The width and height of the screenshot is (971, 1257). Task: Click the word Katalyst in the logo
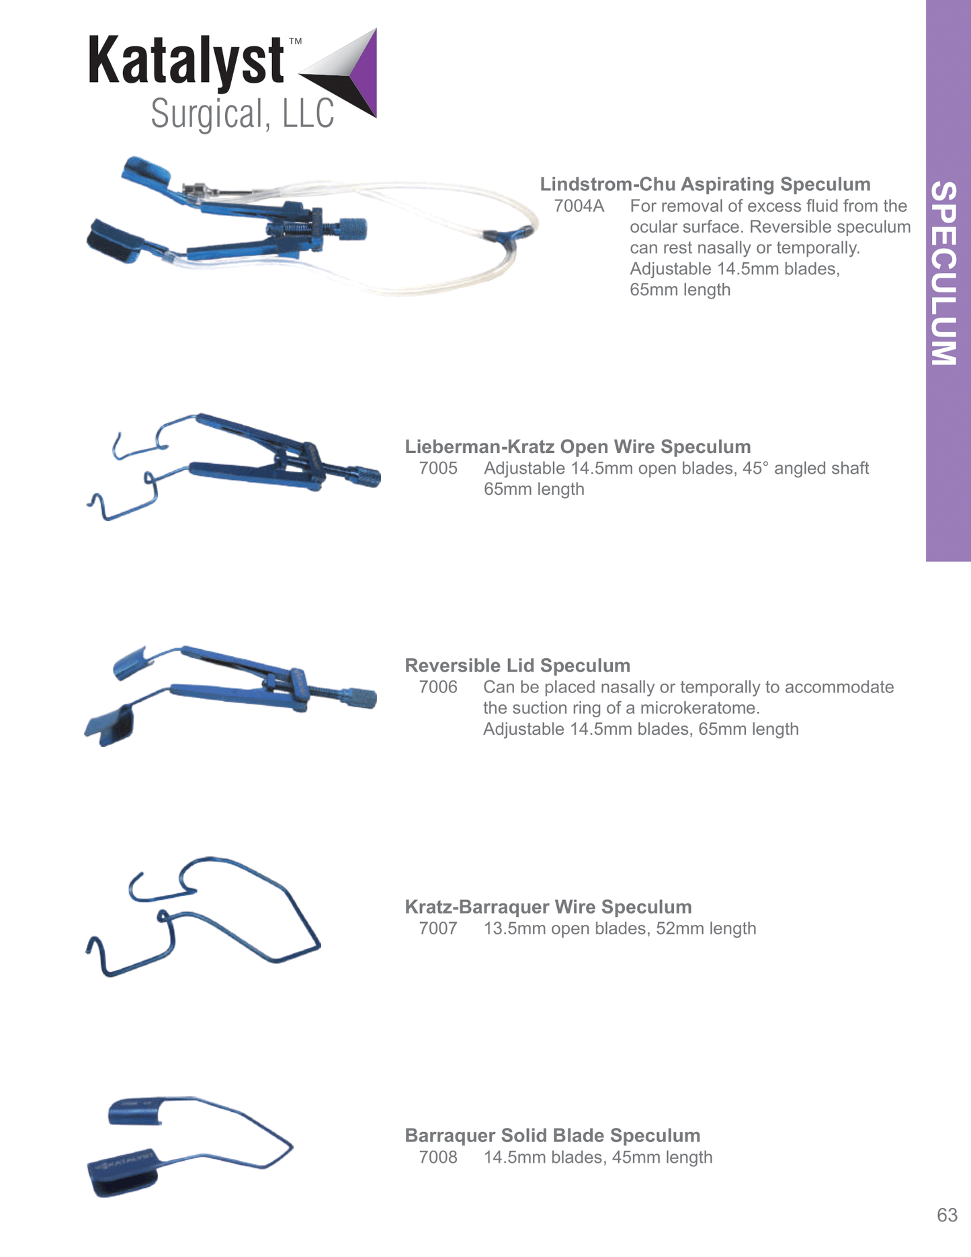click(x=187, y=60)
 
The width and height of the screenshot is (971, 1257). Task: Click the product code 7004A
click(x=579, y=206)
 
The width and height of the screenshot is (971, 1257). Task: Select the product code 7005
click(x=438, y=468)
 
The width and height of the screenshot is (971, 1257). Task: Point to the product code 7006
click(x=438, y=687)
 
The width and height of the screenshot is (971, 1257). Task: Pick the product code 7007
click(x=438, y=928)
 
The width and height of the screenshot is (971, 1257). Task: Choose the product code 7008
click(x=438, y=1157)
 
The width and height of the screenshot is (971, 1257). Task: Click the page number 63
click(x=947, y=1215)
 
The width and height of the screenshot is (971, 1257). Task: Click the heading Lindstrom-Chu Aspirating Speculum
click(x=705, y=184)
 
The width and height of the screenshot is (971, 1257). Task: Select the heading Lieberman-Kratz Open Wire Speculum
click(x=578, y=446)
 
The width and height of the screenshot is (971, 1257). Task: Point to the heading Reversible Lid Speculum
click(x=517, y=665)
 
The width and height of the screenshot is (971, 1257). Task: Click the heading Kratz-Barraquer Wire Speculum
click(x=548, y=907)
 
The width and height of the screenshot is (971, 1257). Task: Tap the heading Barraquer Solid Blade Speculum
click(x=552, y=1135)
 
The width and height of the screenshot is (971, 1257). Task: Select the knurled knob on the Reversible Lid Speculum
click(x=362, y=698)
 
